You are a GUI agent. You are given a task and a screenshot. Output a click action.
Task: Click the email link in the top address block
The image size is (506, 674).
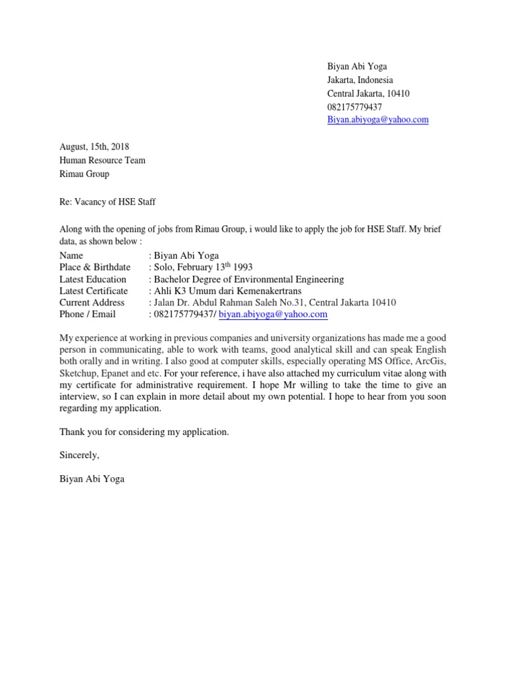pos(378,120)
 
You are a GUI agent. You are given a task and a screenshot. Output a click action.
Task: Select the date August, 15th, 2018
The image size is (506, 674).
pos(94,147)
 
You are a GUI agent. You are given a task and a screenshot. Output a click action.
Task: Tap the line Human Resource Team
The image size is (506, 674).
pos(102,161)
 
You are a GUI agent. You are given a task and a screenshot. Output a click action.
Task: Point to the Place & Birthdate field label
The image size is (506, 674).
pos(95,267)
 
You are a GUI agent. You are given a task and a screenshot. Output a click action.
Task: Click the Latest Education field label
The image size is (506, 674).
pos(93,279)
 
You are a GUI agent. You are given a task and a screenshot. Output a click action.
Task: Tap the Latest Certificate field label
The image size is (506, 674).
pos(94,291)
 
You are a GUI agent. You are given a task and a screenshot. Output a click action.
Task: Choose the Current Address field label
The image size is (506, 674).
pos(92,303)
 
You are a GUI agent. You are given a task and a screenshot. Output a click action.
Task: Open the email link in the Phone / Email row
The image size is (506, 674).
pos(273,315)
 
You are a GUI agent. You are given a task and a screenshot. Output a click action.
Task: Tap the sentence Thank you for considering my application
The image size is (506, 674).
pos(144,432)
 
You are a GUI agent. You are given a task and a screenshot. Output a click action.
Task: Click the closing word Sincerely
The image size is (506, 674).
pos(79,455)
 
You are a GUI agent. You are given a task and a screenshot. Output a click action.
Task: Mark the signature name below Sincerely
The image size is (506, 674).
pos(92,479)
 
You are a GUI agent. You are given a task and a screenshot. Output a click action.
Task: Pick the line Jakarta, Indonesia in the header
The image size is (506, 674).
pos(360,80)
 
